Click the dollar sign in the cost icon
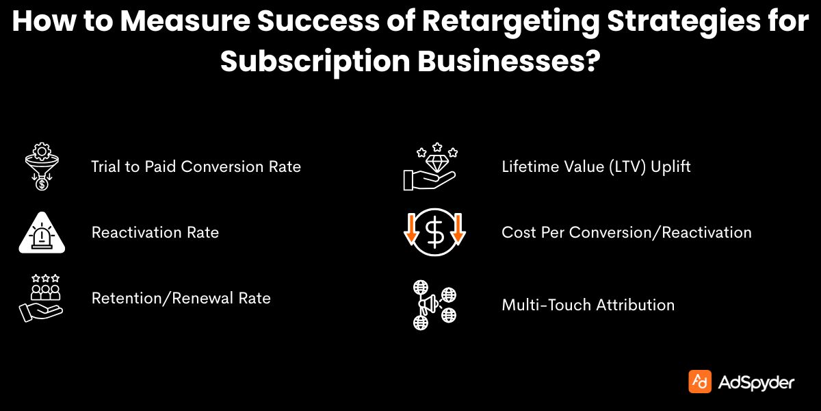pos(434,234)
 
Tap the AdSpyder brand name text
pos(756,382)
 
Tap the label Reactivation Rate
pos(155,232)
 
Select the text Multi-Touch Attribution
pos(588,305)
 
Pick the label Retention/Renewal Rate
pos(181,298)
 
